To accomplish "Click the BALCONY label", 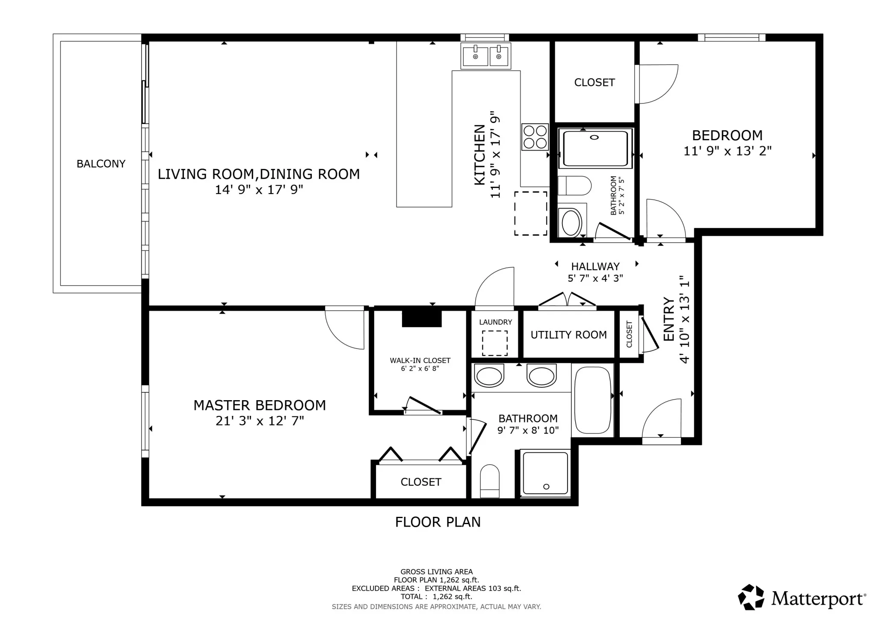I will tap(101, 164).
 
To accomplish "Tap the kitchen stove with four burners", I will tap(535, 137).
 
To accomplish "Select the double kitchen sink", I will tap(486, 56).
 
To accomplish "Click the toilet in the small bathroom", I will tap(574, 186).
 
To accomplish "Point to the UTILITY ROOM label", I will tap(568, 335).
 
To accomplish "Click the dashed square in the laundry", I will tap(495, 343).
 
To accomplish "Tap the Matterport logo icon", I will tap(751, 597).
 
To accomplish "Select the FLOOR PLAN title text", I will tap(438, 522).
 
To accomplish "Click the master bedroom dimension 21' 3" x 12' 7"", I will tap(260, 421).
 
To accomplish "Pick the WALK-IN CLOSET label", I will tap(420, 360).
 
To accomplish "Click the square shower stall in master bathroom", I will tap(545, 473).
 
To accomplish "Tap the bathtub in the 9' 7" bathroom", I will tap(592, 400).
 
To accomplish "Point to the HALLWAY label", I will tap(595, 266).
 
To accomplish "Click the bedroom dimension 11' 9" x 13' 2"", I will tap(727, 151).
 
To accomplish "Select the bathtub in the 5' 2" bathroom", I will tap(595, 148).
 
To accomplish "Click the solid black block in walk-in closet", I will tap(421, 319).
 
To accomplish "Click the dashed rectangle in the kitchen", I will tap(530, 213).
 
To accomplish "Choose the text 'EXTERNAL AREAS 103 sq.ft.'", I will tap(473, 588).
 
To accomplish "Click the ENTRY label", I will tap(669, 319).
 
